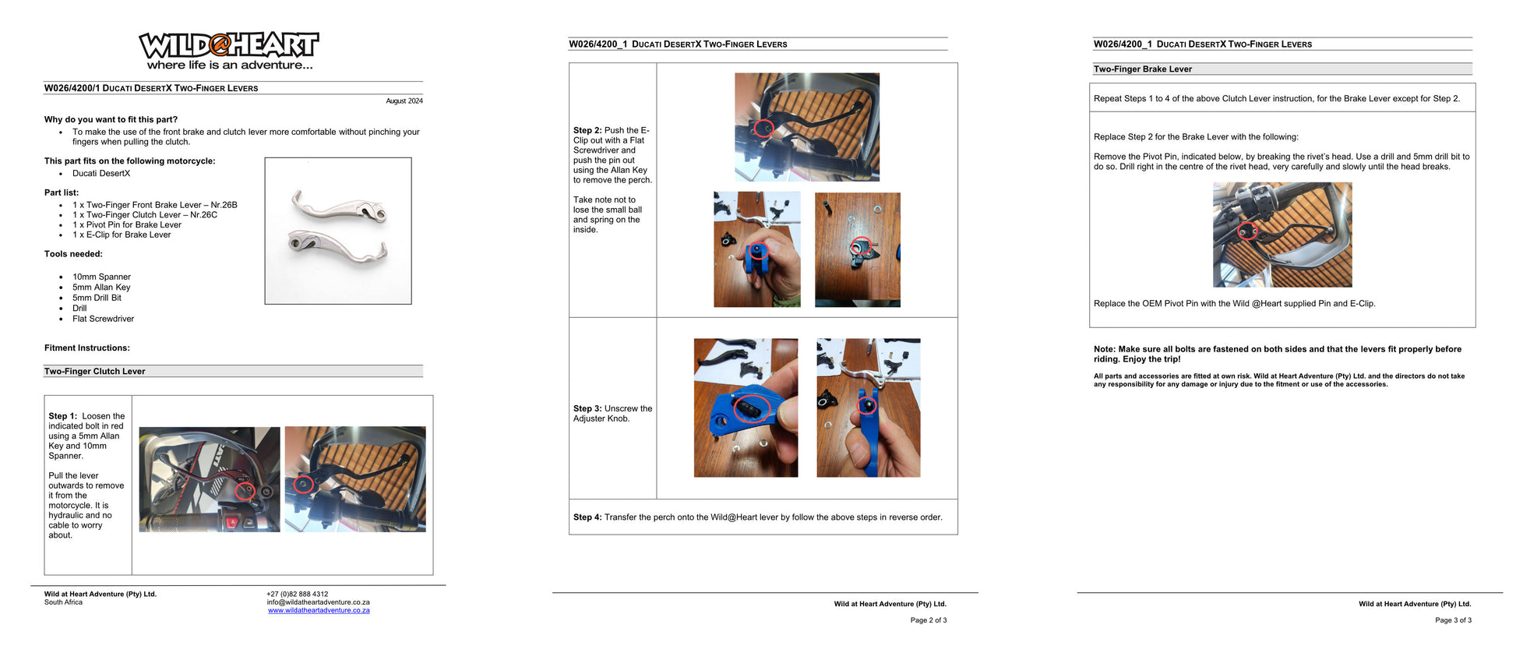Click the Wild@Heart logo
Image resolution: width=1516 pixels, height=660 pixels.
point(229,51)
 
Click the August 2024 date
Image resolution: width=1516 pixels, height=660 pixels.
point(404,101)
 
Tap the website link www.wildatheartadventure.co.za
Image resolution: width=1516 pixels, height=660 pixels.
point(319,610)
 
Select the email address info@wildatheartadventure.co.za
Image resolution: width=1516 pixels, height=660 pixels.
point(318,602)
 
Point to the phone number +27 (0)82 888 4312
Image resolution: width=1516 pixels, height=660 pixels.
point(297,594)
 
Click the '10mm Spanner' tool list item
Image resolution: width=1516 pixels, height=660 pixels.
point(101,277)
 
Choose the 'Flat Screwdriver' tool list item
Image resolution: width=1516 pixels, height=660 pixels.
point(103,319)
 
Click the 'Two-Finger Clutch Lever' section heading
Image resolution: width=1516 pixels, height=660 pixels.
point(94,372)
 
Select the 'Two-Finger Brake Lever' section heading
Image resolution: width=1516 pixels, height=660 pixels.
point(1142,69)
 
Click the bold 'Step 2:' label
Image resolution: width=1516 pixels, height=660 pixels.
point(587,130)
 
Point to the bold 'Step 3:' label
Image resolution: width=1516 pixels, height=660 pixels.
point(587,408)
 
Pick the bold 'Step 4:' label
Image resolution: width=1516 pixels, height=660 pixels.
point(587,517)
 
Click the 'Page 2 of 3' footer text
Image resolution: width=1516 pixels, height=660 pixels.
point(929,620)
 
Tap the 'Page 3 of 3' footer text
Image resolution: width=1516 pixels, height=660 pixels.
point(1453,620)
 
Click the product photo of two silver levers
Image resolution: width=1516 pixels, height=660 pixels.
point(338,231)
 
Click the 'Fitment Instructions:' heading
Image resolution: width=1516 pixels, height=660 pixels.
point(87,348)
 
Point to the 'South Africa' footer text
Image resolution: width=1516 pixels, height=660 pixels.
point(63,602)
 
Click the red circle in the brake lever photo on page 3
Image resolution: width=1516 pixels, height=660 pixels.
point(1247,231)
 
